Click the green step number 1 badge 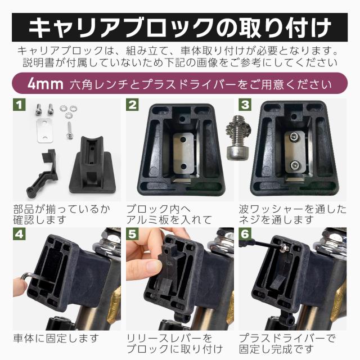point(20,105)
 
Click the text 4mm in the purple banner point(46,84)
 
